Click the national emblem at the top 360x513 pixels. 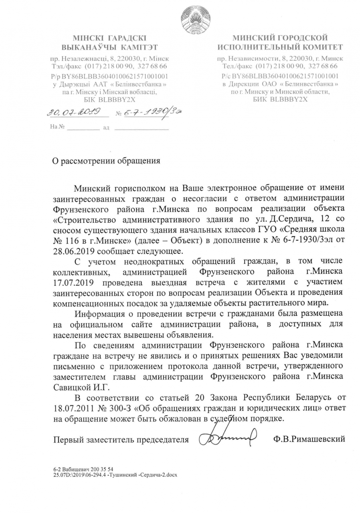[x=195, y=17]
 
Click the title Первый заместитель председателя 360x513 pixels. [x=121, y=439]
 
